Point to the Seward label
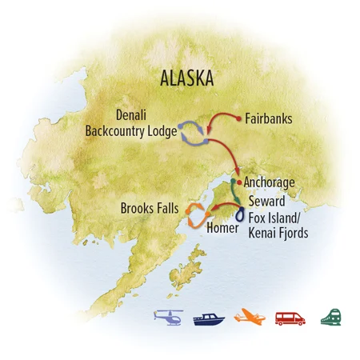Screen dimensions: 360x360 tap(266, 200)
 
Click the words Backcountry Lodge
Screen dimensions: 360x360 tap(133, 133)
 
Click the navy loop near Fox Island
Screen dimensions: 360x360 tap(240, 215)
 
